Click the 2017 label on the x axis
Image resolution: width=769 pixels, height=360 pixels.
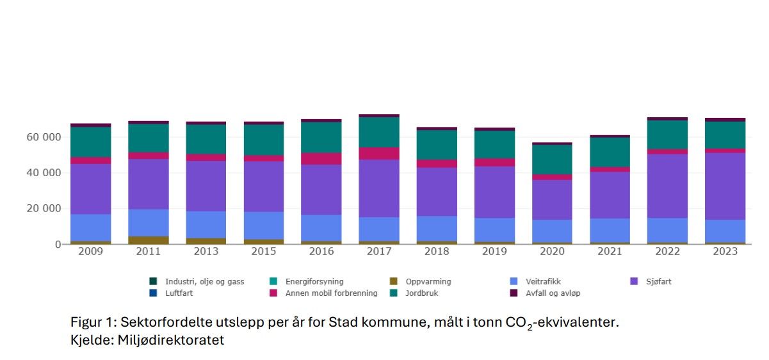[379, 252]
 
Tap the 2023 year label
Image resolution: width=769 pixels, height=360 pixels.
[725, 252]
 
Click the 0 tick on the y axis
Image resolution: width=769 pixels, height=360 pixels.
[57, 245]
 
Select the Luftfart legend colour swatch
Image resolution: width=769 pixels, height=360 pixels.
[153, 293]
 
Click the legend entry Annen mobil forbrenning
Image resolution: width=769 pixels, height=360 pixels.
[323, 293]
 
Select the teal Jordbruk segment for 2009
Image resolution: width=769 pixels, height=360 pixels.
[91, 142]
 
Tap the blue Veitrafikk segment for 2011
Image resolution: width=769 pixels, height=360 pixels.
[149, 222]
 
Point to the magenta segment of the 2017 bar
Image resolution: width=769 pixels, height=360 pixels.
[379, 153]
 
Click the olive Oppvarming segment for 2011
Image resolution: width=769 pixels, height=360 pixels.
[149, 240]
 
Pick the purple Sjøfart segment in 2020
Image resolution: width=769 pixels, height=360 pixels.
[552, 199]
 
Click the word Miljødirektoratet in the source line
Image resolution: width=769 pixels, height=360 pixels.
[169, 341]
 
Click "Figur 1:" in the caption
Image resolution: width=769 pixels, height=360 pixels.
[92, 322]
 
